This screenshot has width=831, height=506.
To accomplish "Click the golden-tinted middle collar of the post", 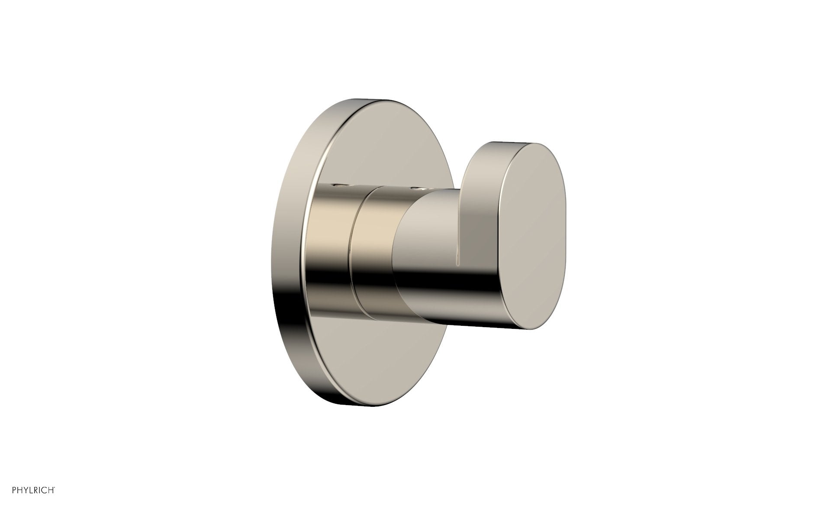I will (372, 243).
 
